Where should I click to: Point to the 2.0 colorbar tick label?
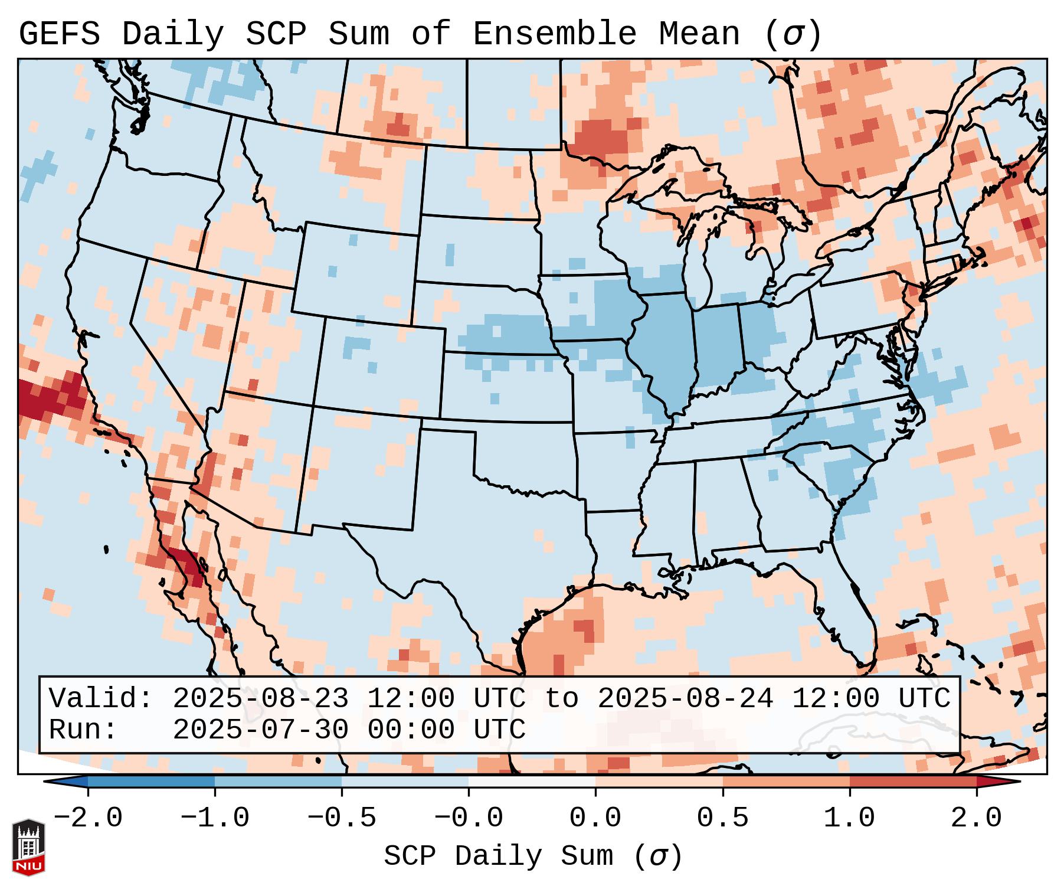(x=976, y=818)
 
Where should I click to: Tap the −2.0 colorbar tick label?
(x=88, y=818)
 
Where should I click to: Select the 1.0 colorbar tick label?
(x=849, y=818)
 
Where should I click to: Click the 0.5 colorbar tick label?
(x=722, y=818)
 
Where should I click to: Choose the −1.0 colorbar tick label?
(x=215, y=818)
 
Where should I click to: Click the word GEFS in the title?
(x=59, y=34)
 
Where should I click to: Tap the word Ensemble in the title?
(x=554, y=34)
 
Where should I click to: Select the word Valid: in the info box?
(x=100, y=698)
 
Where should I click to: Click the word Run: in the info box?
(x=83, y=730)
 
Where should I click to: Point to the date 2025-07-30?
(x=260, y=730)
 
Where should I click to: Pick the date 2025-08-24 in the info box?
(x=685, y=698)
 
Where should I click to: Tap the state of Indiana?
(x=717, y=348)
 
